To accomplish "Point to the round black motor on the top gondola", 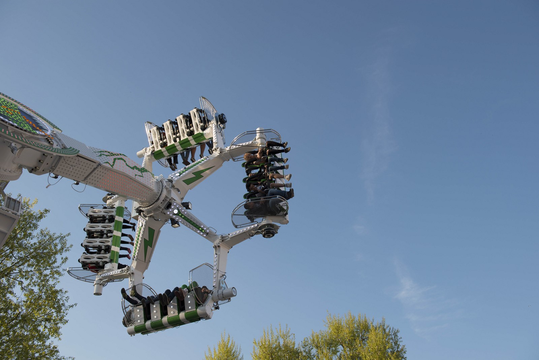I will tap(222, 118).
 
